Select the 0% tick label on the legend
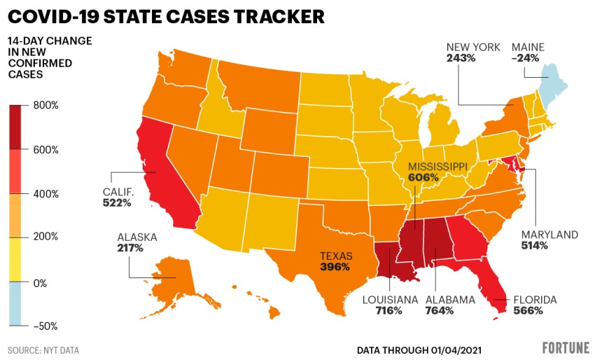click(x=41, y=284)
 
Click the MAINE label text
click(x=528, y=48)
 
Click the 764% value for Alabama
click(x=440, y=310)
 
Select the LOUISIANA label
click(x=390, y=300)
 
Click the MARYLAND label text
click(x=549, y=235)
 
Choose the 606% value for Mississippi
click(x=424, y=178)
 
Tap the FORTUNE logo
click(x=566, y=348)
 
